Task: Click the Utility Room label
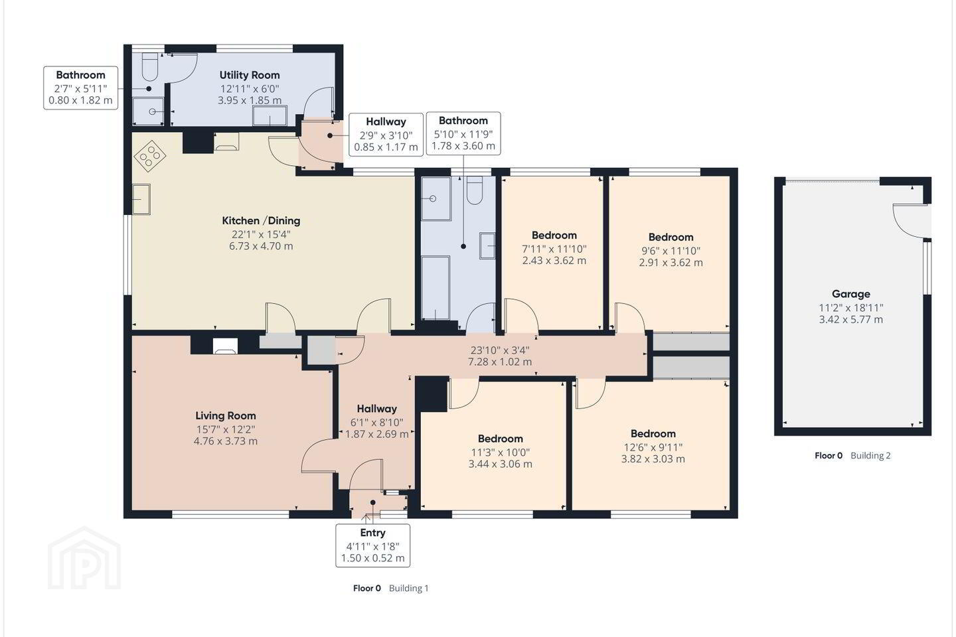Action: click(x=249, y=75)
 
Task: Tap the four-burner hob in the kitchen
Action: click(x=150, y=156)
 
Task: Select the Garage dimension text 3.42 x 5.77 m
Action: click(x=850, y=319)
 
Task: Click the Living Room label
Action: click(x=225, y=415)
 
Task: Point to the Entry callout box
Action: click(x=372, y=545)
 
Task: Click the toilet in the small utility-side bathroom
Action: click(x=150, y=66)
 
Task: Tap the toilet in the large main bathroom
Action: click(x=474, y=190)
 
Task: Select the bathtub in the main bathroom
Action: click(x=436, y=287)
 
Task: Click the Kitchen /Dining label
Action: click(x=261, y=220)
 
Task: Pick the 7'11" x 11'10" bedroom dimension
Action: click(x=554, y=249)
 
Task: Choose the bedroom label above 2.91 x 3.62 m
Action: click(x=671, y=238)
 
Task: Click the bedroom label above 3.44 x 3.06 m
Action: click(x=500, y=439)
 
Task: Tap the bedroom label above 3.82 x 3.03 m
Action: click(x=653, y=433)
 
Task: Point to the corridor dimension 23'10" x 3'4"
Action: click(x=500, y=350)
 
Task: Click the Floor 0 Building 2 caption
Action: click(x=852, y=455)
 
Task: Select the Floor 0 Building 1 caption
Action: click(x=390, y=588)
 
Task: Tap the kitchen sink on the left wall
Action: click(x=141, y=199)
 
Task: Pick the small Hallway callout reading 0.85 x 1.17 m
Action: click(x=386, y=135)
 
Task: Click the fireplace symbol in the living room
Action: click(x=225, y=346)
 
